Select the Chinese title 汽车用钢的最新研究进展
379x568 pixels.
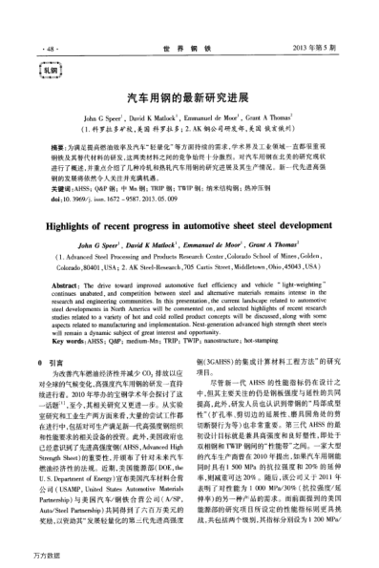point(188,98)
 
